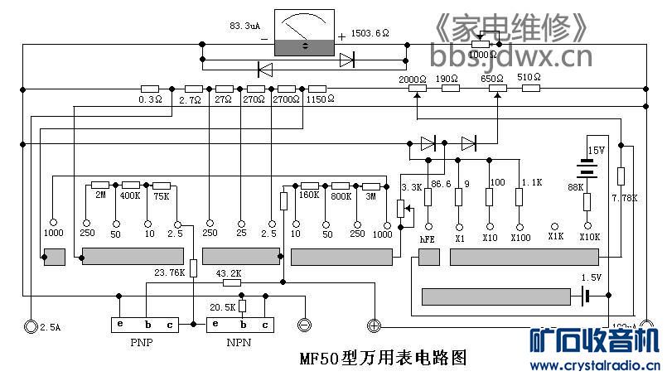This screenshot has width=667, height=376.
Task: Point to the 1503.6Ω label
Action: click(370, 33)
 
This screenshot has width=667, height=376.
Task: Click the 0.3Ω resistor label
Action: click(150, 99)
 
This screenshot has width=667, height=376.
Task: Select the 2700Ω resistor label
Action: click(287, 99)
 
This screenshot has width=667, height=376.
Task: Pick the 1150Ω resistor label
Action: click(319, 99)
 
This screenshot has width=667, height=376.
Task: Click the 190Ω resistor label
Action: click(447, 80)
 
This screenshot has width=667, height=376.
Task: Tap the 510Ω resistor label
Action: click(529, 78)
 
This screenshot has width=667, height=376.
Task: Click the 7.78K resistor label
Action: click(625, 198)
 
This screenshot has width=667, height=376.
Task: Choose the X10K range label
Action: click(589, 237)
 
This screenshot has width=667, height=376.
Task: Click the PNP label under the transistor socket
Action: click(140, 342)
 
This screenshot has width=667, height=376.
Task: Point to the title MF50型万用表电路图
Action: click(384, 359)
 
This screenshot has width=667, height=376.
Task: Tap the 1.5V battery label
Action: click(591, 277)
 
